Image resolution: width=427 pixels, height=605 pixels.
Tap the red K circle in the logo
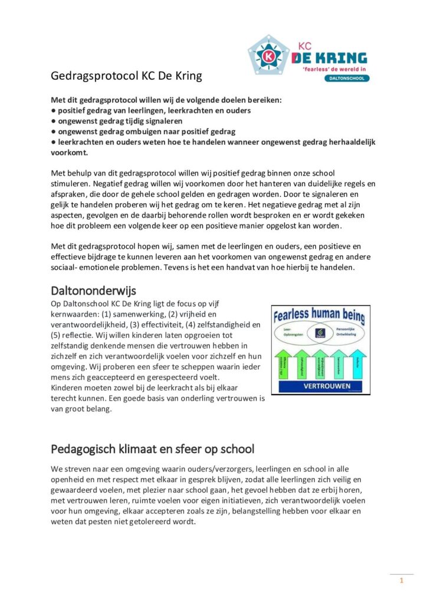point(268,57)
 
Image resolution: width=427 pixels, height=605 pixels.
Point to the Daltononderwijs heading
point(94,291)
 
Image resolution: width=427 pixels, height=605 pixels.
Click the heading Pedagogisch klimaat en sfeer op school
point(153,448)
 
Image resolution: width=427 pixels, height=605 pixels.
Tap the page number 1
point(402,581)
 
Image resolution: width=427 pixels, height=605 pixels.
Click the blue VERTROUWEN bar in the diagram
point(320,386)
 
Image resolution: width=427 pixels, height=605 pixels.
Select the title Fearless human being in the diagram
point(320,314)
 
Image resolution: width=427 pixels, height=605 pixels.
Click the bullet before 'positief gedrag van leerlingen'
point(53,110)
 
